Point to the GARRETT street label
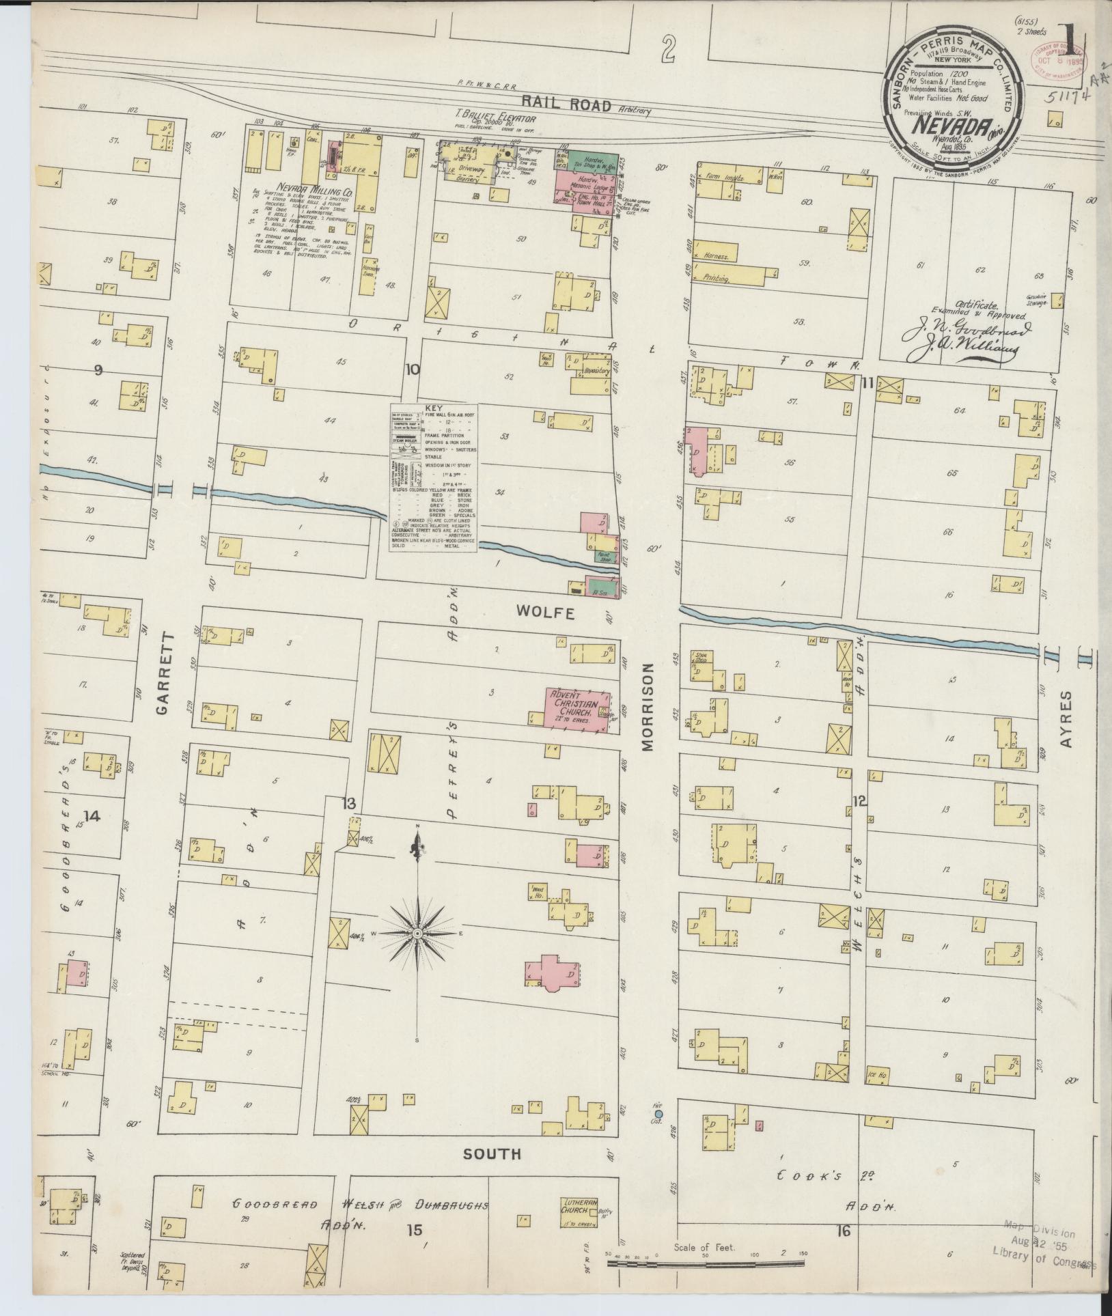(163, 673)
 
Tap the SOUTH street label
(492, 1153)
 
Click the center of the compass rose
(416, 933)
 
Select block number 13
(349, 804)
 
